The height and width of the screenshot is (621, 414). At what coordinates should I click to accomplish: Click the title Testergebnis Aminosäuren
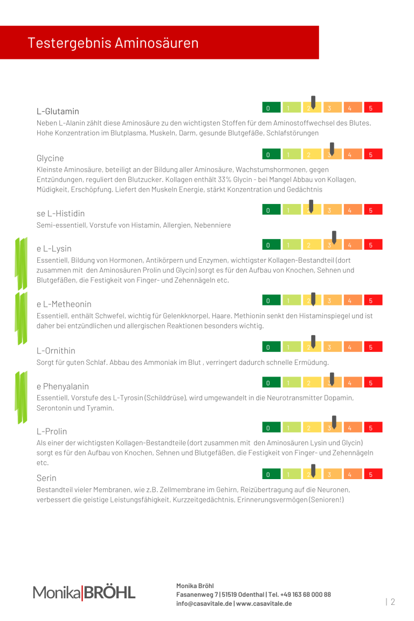coord(113,43)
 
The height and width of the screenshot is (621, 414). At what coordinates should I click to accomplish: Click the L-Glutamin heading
coord(58,111)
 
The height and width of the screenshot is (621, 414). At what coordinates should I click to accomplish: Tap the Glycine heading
coord(50,158)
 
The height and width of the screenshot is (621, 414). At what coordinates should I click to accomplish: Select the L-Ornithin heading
coord(56,351)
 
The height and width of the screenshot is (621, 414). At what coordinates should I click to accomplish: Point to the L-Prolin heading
coord(52,432)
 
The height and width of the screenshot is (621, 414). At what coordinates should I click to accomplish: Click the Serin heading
coord(46,478)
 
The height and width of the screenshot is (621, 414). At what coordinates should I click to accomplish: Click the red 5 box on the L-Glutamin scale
coord(372,107)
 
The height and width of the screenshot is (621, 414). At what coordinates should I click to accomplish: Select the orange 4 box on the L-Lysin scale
coord(352,245)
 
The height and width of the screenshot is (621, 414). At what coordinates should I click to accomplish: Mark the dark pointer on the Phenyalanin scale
coord(332,379)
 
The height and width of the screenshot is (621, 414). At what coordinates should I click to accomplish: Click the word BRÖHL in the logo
coord(109,593)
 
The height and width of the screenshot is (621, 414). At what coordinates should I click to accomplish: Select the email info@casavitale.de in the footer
coord(204,603)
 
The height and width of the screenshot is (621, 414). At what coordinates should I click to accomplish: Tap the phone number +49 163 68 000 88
coord(306,595)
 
